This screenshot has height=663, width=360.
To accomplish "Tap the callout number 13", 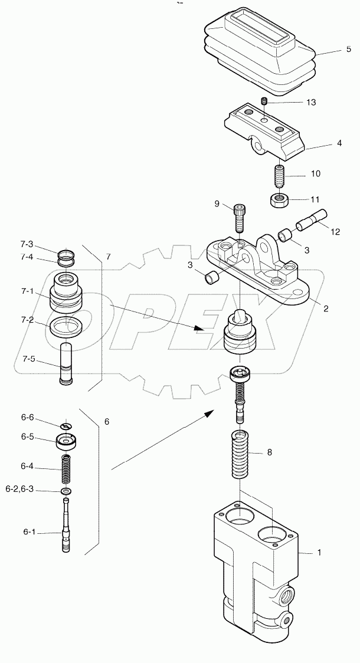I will [311, 102].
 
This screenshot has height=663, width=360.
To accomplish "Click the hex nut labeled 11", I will [279, 200].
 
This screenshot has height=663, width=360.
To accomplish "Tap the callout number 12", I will [335, 232].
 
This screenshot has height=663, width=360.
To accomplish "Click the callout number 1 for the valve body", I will [319, 553].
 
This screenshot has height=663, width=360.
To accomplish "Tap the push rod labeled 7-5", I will [66, 366].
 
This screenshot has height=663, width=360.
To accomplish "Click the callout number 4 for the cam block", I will [323, 142].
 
